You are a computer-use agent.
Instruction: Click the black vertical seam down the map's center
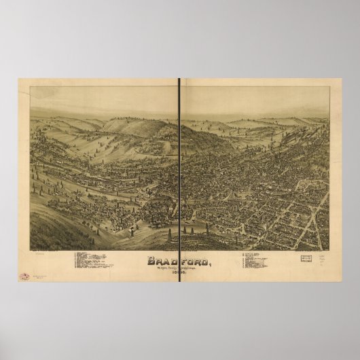pyautogui.click(x=179, y=170)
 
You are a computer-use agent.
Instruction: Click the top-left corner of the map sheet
pyautogui.click(x=19, y=79)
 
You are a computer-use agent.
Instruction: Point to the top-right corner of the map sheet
pyautogui.click(x=341, y=79)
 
